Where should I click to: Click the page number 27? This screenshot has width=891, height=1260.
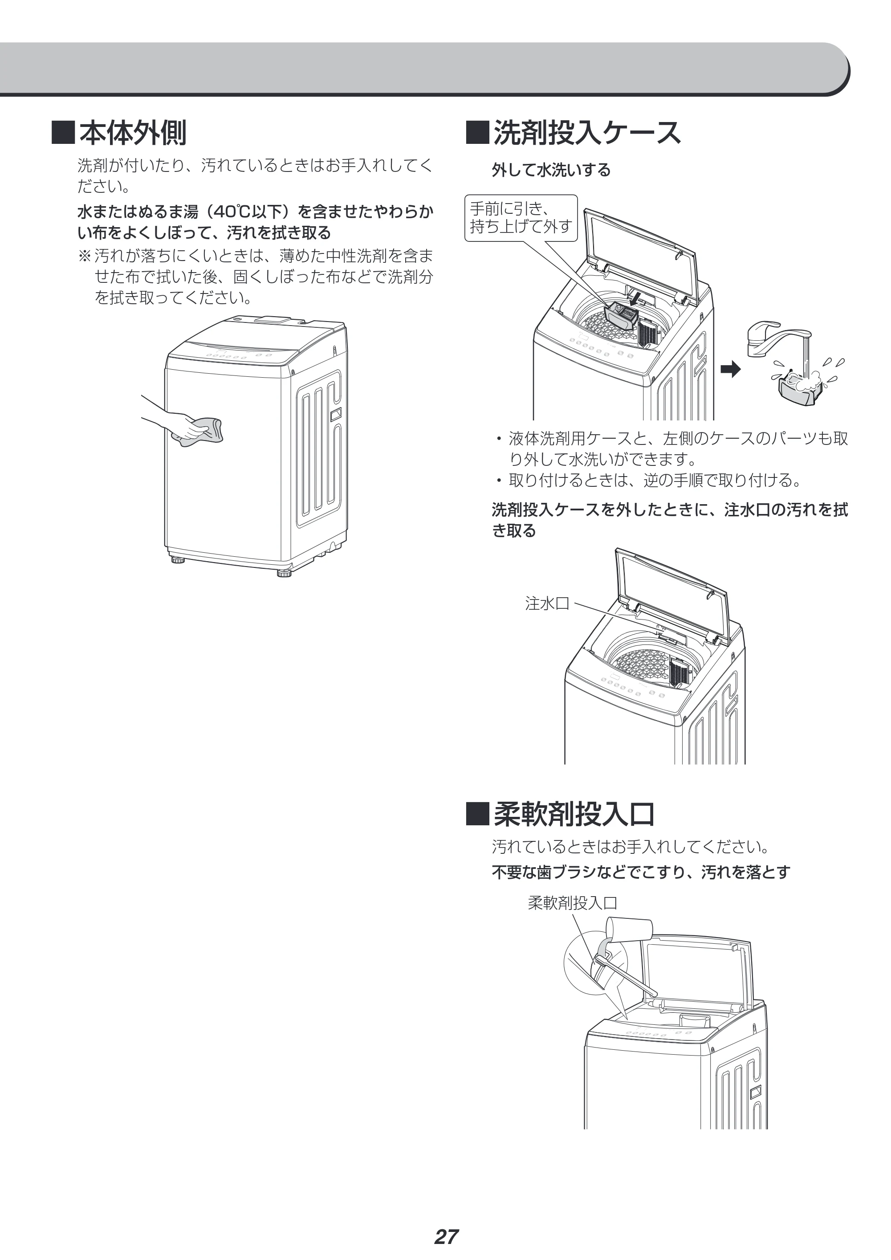click(446, 1221)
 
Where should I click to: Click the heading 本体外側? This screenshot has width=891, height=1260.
click(133, 133)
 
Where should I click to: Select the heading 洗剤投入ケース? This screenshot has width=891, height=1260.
click(587, 133)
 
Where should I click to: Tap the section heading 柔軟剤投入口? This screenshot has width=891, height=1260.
click(574, 814)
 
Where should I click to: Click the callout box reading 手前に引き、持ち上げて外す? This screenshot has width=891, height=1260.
click(521, 218)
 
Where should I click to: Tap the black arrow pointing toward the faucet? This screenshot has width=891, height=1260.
click(731, 370)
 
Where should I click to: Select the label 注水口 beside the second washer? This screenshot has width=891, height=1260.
click(547, 603)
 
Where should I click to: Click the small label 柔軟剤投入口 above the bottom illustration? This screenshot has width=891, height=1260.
click(572, 903)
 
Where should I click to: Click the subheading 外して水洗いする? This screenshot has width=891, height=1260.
click(551, 170)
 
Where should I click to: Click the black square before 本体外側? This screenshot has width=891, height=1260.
click(63, 133)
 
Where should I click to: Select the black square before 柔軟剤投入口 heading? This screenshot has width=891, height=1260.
click(477, 814)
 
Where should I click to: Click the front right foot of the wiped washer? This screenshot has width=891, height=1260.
click(284, 574)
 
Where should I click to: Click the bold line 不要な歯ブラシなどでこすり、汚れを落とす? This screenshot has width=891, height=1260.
click(641, 872)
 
